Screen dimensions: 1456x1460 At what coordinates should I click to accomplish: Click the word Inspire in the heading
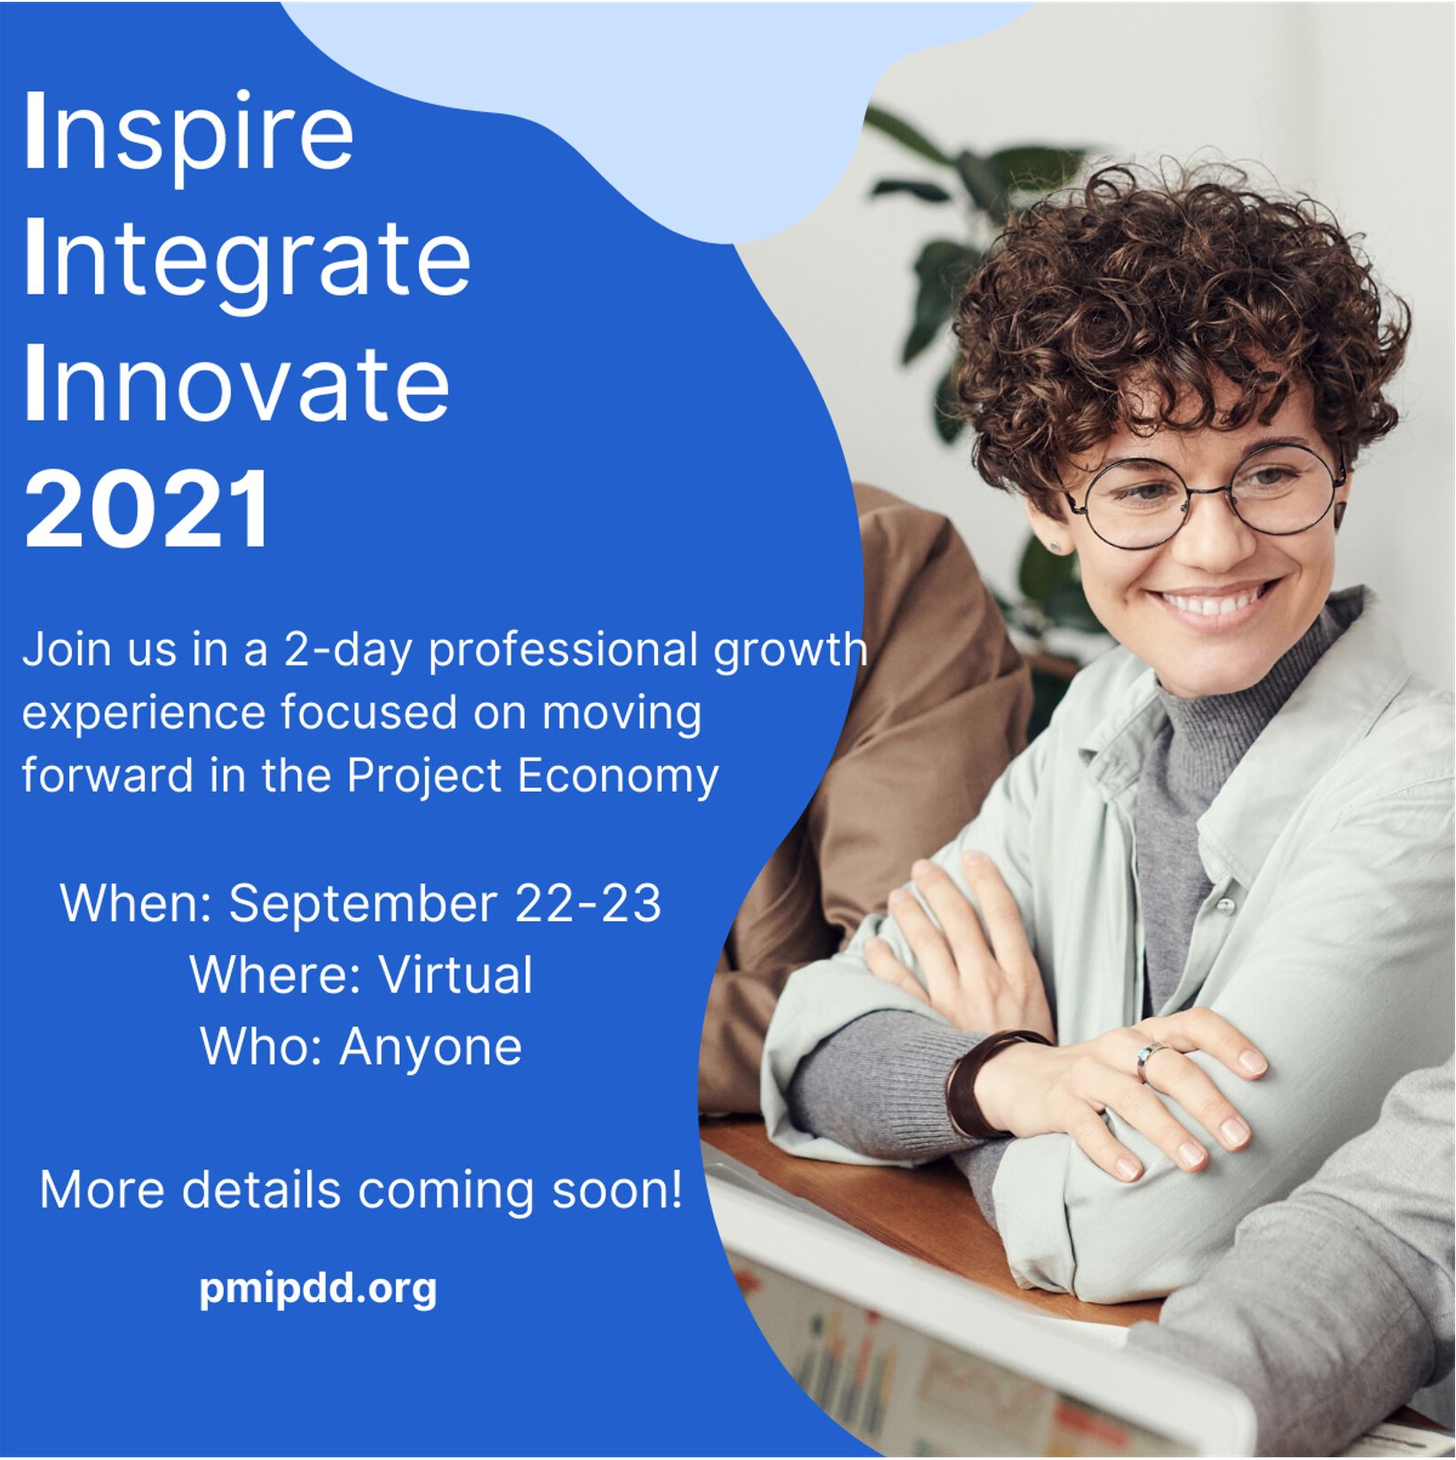click(x=189, y=134)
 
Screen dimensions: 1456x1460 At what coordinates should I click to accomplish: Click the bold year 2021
click(x=147, y=509)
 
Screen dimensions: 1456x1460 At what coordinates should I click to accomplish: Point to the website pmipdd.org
click(x=318, y=1289)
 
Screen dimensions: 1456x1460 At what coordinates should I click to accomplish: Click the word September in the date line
click(x=363, y=904)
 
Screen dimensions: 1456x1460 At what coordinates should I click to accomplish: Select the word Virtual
click(x=456, y=975)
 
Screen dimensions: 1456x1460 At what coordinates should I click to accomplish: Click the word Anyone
click(x=431, y=1047)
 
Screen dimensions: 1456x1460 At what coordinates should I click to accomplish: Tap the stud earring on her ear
click(x=1056, y=545)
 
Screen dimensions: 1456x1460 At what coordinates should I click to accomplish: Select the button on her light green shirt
click(x=1225, y=906)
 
